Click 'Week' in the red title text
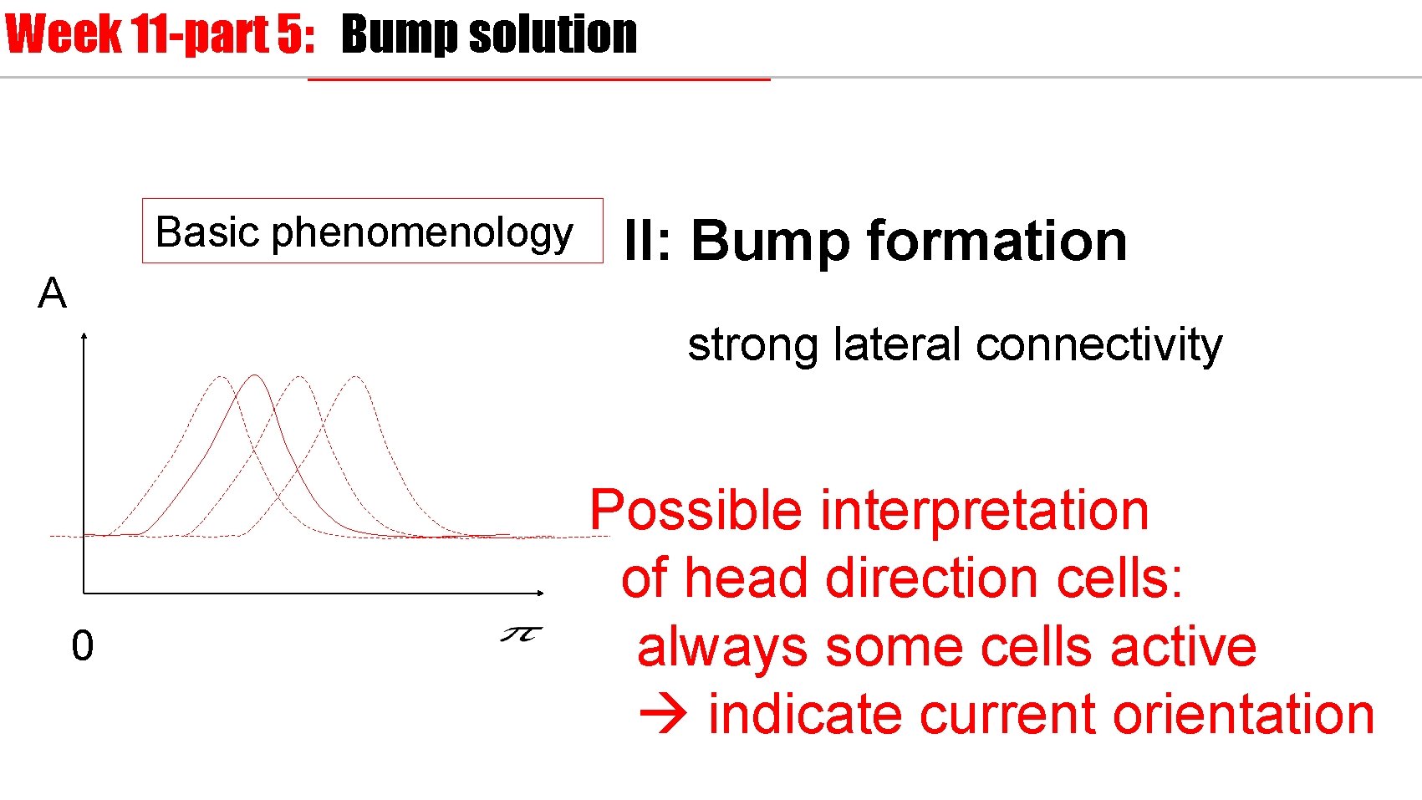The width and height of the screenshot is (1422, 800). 63,35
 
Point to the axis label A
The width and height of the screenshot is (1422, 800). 52,293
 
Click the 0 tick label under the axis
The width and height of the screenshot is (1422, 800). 82,646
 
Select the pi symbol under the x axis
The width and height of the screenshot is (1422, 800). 521,635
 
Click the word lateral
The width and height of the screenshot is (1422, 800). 897,344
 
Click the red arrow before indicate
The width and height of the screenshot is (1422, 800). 663,715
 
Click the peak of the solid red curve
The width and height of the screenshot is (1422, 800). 254,376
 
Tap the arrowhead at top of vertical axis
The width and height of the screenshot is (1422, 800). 84,336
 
